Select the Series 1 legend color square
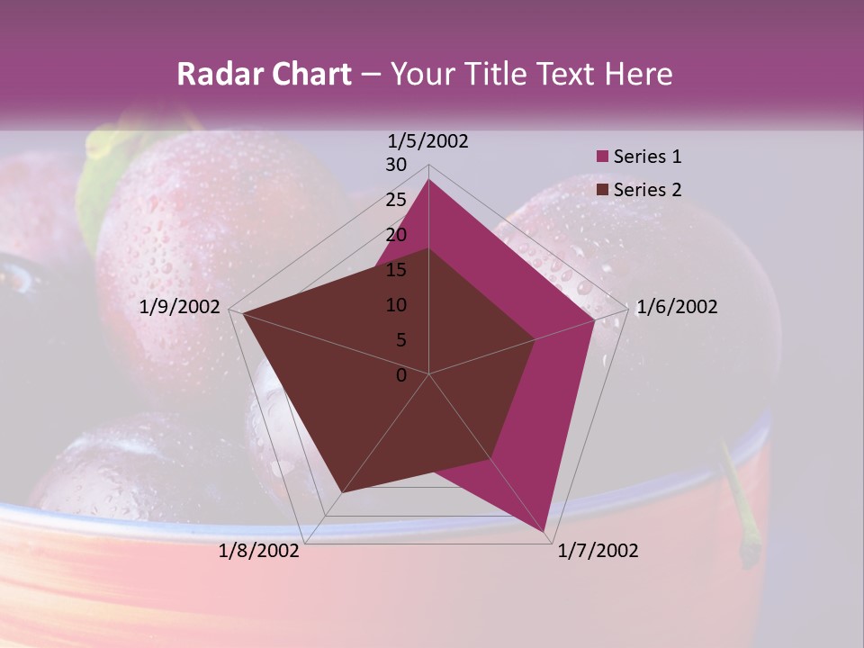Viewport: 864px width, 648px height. [x=603, y=157]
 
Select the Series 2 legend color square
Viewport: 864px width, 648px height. [x=603, y=190]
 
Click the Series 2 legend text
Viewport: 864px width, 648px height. [x=647, y=190]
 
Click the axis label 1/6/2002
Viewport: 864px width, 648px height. [x=677, y=307]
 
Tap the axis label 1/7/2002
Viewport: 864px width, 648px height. [x=598, y=551]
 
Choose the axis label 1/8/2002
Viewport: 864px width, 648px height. [x=259, y=551]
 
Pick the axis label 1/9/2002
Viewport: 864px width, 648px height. [x=180, y=307]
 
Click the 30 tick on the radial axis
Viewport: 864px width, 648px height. [x=396, y=165]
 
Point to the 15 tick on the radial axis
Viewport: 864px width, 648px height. [x=396, y=270]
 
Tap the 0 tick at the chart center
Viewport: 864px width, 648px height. [x=401, y=375]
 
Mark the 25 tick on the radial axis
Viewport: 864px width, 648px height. [x=396, y=200]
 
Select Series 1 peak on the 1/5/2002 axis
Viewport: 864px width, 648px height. [x=428, y=179]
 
